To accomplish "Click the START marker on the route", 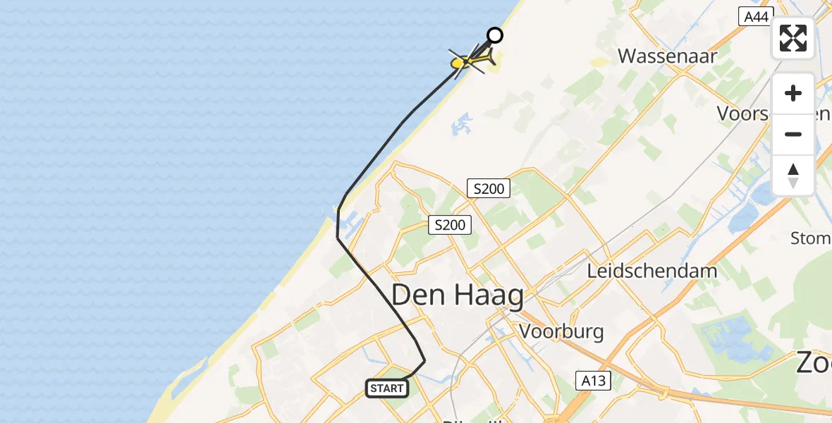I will point(387,388).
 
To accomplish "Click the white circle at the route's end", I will point(495,35).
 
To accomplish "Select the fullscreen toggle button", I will point(793,38).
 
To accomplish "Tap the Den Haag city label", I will point(457,295).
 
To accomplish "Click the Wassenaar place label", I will point(667,56).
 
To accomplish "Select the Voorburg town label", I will point(561,331).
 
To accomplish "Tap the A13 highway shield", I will point(593,380).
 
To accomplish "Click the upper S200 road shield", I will point(488,188).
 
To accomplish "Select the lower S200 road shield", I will point(450,225).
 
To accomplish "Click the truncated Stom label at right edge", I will point(810,238).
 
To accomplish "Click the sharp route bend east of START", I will point(425,361).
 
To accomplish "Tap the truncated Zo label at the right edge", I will point(814,362).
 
